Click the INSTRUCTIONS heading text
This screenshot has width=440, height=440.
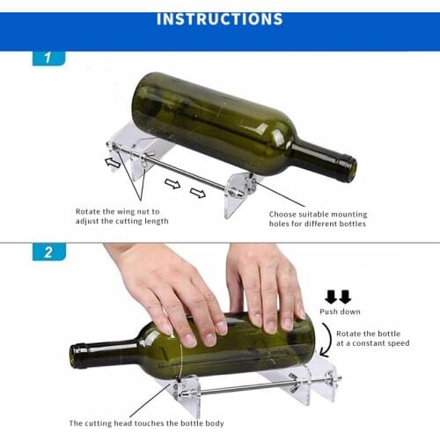219,18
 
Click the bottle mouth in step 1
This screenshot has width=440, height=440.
349,168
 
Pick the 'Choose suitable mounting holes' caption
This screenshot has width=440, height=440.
318,219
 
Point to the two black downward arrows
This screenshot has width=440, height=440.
339,296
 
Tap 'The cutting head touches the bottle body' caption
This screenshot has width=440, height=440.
146,423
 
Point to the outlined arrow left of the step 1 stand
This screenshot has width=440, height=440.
113,161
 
